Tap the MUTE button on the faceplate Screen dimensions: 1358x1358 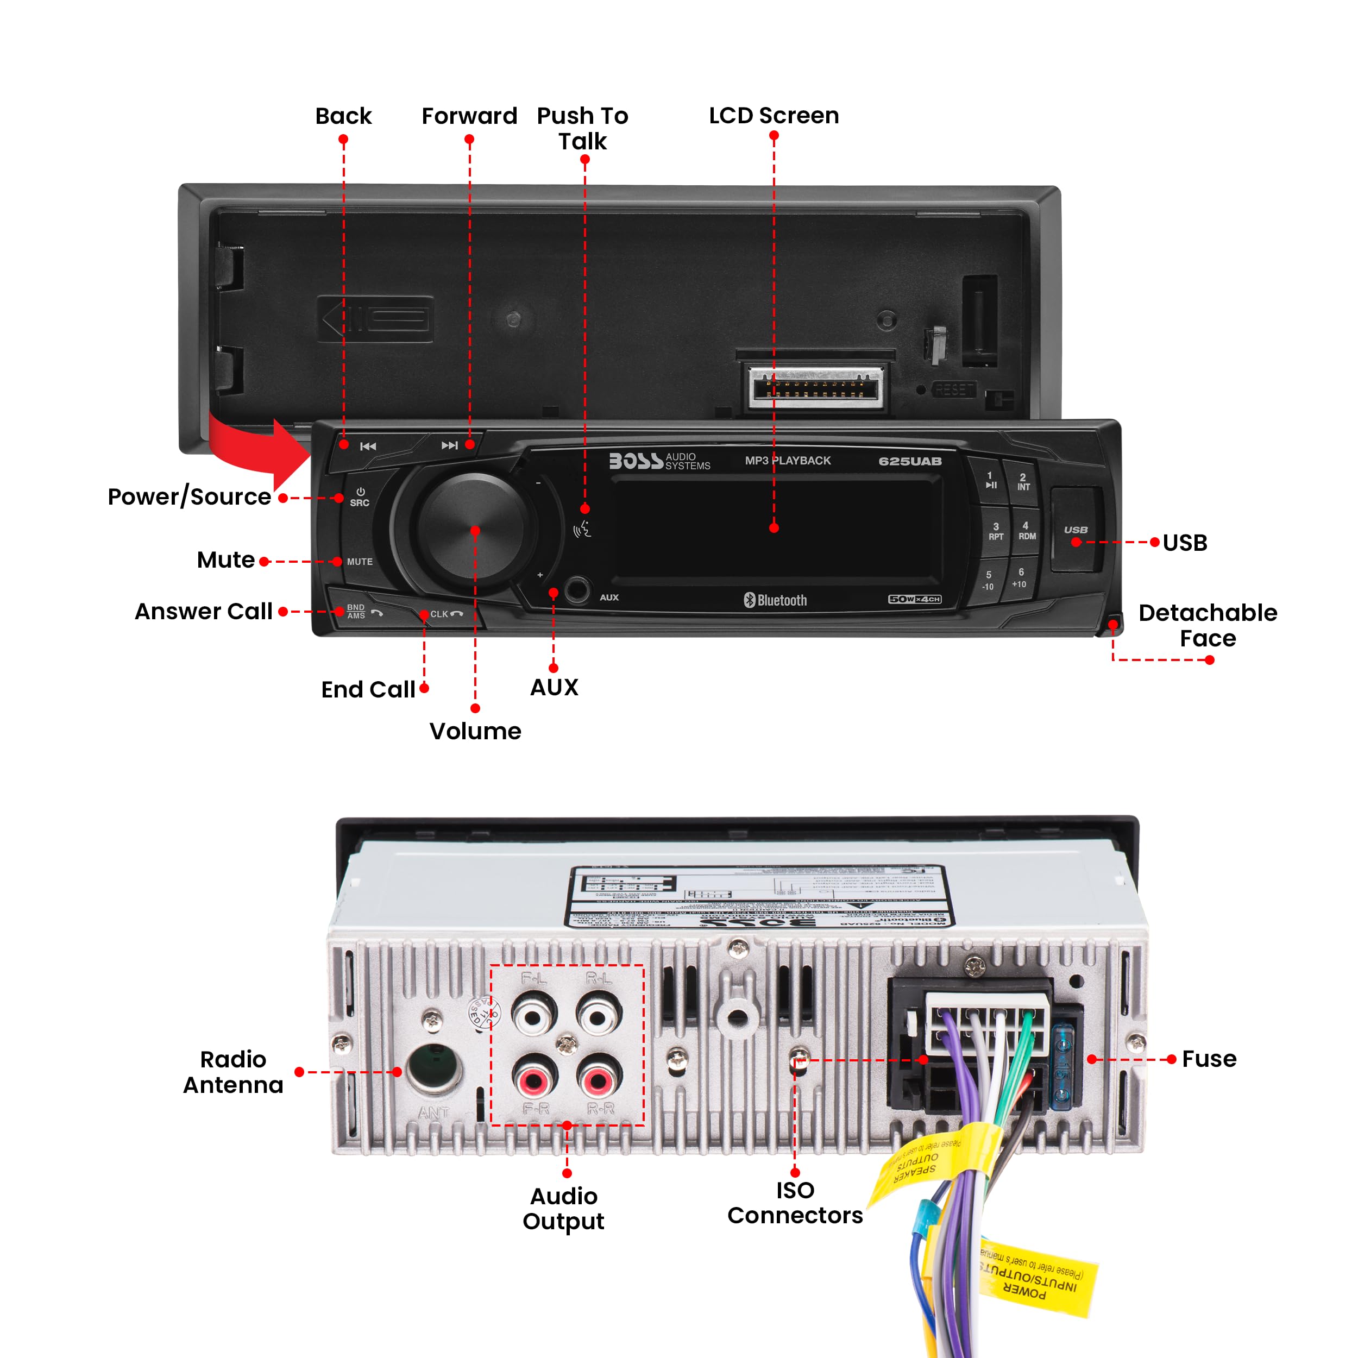pyautogui.click(x=360, y=562)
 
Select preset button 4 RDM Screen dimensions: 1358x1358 pyautogui.click(x=1026, y=531)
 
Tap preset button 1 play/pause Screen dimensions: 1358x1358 pyautogui.click(x=990, y=480)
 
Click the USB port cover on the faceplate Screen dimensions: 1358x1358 pyautogui.click(x=1076, y=529)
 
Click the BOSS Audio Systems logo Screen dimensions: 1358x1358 pyautogui.click(x=658, y=461)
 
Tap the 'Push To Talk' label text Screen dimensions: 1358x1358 pyautogui.click(x=583, y=128)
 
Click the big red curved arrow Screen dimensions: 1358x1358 pyautogui.click(x=256, y=449)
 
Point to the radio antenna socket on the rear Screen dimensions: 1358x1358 pyautogui.click(x=433, y=1068)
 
